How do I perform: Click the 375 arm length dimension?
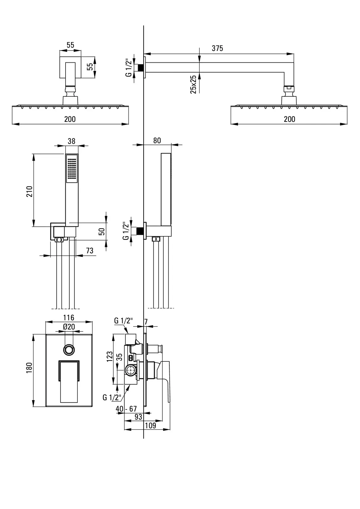point(217,48)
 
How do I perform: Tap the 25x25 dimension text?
point(193,84)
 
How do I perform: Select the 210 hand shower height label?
point(30,191)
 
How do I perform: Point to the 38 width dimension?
point(71,141)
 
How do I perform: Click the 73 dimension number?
point(89,251)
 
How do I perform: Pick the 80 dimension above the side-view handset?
point(157,141)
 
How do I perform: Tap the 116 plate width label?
point(69,317)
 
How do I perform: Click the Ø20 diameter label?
point(69,327)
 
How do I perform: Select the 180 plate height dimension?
point(29,368)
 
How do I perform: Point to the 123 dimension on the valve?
point(109,356)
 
